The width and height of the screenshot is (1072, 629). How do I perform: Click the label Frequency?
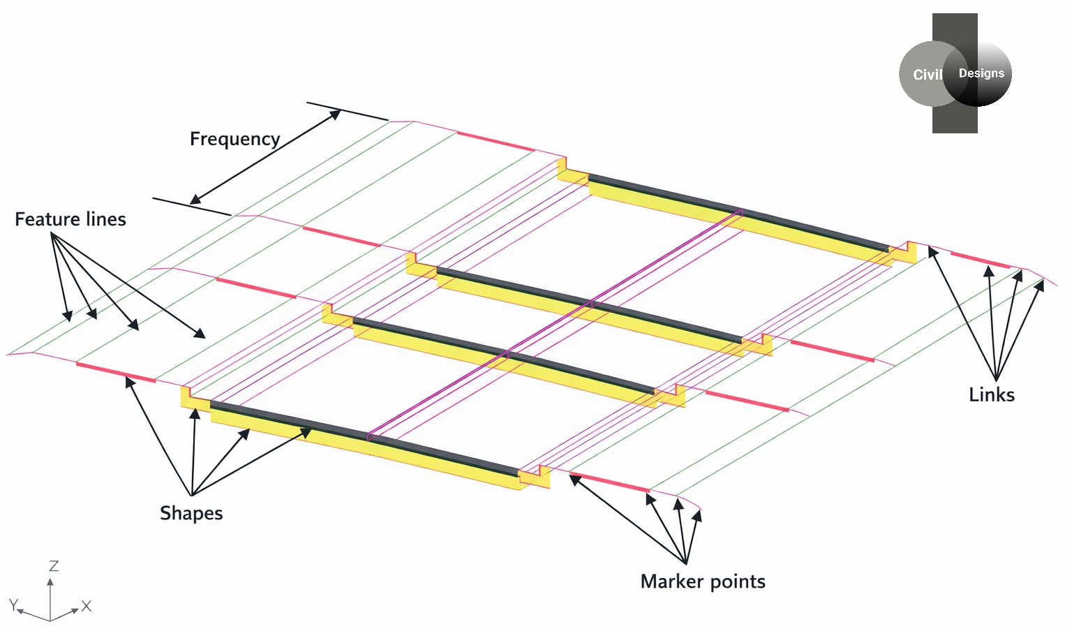pos(234,139)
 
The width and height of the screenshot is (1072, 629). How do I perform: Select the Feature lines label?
pos(70,219)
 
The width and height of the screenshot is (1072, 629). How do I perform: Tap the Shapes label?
pos(191,513)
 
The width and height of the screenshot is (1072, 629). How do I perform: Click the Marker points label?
pos(703,582)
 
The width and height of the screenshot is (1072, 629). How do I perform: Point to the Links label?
pos(991,395)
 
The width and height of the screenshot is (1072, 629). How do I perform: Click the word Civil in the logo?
pos(927,75)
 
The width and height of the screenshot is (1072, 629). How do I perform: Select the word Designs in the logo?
pos(981,73)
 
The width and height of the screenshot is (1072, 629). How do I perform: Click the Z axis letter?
pos(54,566)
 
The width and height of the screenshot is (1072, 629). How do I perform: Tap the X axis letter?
pos(87,606)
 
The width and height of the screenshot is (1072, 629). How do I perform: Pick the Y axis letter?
pos(13,604)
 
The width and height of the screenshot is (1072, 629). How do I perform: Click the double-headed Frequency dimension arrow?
pos(265,157)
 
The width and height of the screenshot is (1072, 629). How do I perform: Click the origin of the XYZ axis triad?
pos(50,620)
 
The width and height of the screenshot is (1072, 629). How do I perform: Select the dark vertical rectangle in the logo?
pos(954,119)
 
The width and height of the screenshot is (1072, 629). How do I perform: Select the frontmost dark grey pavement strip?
pos(363,436)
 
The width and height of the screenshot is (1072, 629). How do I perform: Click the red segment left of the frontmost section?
pos(115,373)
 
